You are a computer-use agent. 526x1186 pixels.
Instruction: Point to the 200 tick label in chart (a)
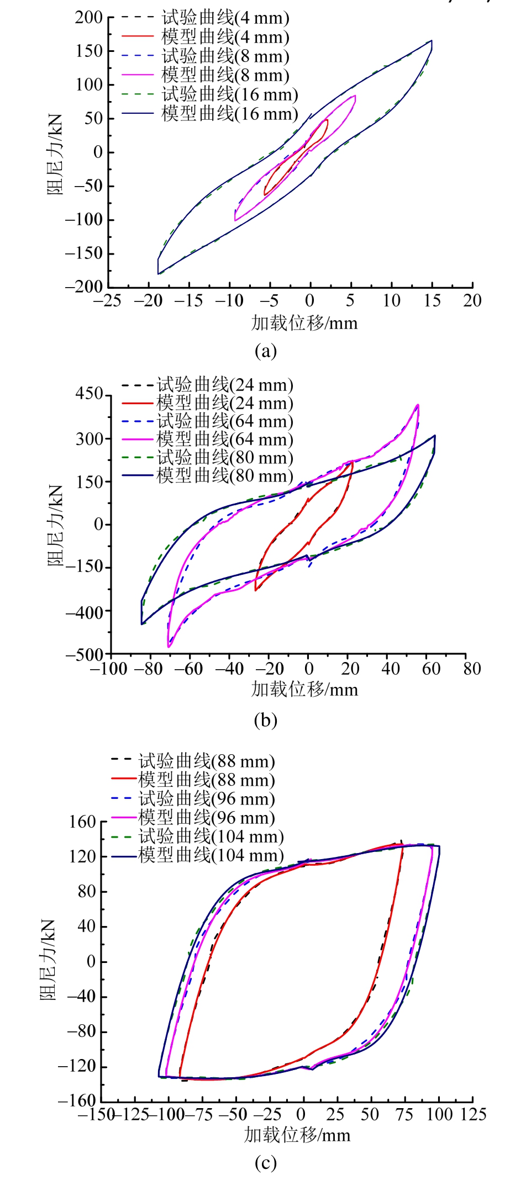pos(89,18)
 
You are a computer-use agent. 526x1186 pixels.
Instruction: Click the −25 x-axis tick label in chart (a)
pos(107,301)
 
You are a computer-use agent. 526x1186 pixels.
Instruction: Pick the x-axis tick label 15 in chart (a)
pos(432,301)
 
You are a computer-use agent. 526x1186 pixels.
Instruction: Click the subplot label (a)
pos(265,351)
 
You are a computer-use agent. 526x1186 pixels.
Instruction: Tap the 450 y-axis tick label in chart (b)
pos(89,394)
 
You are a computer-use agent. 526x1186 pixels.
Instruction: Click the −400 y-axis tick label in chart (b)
pos(85,612)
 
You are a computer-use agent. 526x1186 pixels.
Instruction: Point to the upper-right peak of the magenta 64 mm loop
pos(418,405)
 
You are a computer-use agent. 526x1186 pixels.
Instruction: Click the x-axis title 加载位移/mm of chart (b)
pos(304,690)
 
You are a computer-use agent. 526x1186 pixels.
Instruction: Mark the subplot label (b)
pos(265,721)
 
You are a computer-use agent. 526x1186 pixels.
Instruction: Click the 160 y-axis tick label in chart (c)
pos(82,822)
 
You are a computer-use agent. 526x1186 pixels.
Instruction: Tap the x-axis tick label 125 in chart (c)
pos(473,1114)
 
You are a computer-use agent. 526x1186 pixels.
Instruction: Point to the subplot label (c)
pos(265,1163)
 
